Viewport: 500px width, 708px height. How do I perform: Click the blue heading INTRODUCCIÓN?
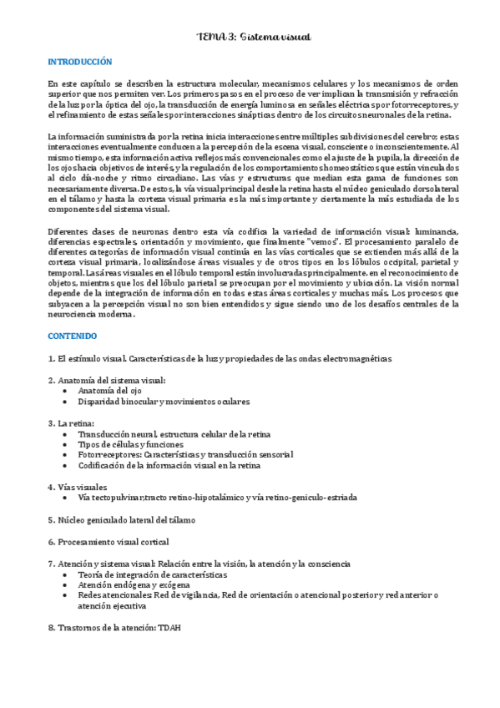80,62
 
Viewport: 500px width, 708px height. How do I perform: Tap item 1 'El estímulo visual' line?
220,358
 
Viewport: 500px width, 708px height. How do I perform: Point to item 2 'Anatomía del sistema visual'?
107,380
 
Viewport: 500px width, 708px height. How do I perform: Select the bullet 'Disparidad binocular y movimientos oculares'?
164,402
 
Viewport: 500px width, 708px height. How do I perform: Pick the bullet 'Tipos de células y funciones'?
130,445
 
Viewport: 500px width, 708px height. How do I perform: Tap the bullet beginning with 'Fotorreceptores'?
185,455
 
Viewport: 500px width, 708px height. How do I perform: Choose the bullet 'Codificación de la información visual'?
169,466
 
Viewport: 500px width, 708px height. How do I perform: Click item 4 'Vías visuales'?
78,487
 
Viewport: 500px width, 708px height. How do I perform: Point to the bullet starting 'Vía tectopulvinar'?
217,498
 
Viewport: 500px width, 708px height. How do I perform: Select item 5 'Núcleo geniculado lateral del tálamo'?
122,519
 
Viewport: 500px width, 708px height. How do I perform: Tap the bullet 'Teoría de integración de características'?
152,574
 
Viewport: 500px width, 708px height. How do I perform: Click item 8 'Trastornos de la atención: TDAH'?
114,627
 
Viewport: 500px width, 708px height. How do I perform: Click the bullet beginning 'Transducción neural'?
174,434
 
